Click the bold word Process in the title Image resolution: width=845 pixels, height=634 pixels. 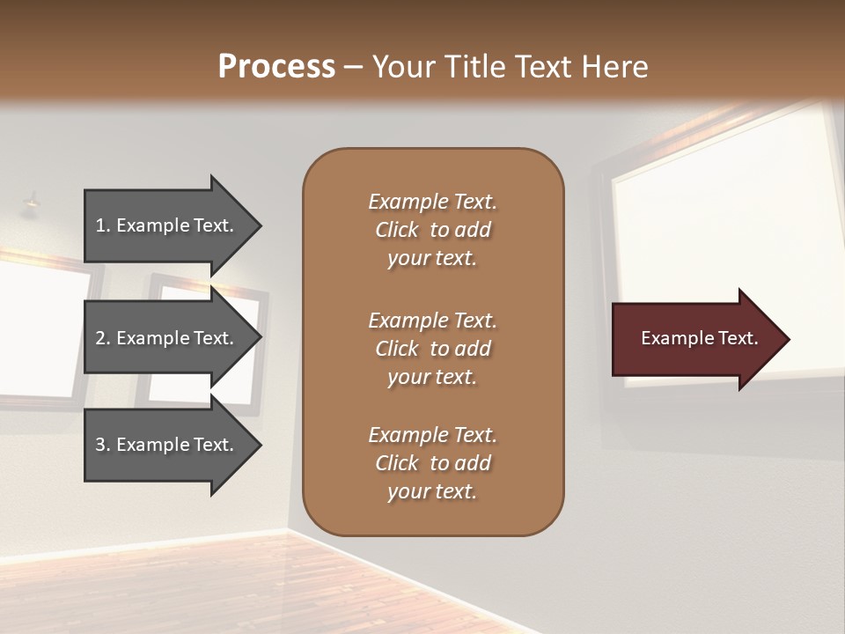coord(276,67)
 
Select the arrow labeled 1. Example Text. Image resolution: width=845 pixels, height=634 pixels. coord(167,225)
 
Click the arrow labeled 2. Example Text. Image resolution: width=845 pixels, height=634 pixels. coord(167,338)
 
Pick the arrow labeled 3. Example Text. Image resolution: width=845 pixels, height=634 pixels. coord(167,445)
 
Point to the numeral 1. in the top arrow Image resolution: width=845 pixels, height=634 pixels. coord(103,225)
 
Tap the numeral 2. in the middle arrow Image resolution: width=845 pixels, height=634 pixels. coord(103,338)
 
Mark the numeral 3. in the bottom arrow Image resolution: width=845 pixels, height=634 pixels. coord(103,445)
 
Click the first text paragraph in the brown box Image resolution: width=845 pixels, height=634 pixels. coord(432,230)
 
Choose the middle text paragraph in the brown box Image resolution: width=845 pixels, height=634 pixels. coord(432,349)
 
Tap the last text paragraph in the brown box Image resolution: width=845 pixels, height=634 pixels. coord(432,463)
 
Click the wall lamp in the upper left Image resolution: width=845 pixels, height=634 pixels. coord(32,203)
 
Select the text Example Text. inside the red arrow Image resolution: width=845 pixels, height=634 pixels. coord(699,338)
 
